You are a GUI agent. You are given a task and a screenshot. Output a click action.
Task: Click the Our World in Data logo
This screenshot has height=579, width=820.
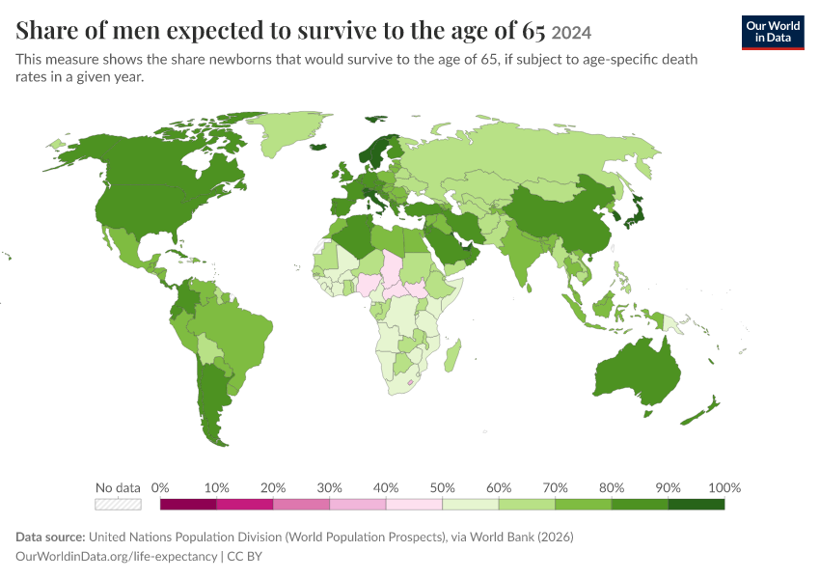[773, 33]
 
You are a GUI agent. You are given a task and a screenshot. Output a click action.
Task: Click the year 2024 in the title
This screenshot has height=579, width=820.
[571, 33]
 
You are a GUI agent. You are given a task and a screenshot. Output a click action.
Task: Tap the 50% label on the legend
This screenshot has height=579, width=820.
[442, 488]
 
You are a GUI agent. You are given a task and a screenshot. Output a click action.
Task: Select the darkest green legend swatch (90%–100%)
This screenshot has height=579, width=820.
[697, 504]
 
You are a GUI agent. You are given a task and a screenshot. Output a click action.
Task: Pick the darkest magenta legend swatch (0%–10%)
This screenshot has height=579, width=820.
[188, 504]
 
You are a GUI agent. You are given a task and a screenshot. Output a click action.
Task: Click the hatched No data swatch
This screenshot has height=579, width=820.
[118, 504]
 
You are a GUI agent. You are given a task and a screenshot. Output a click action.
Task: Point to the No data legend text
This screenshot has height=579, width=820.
[118, 488]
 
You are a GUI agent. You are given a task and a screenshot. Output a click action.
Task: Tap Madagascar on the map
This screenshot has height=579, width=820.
[452, 356]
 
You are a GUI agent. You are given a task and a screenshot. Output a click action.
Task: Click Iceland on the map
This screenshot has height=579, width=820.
[318, 147]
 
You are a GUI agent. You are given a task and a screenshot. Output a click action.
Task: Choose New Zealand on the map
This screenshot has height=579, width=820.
[700, 411]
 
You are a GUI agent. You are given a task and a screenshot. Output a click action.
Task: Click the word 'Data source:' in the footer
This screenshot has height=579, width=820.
[50, 538]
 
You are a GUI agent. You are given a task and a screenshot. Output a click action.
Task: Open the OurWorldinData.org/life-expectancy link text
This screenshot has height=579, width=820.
[116, 557]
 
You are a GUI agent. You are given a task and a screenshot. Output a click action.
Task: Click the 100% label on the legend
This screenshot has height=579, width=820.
[724, 488]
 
